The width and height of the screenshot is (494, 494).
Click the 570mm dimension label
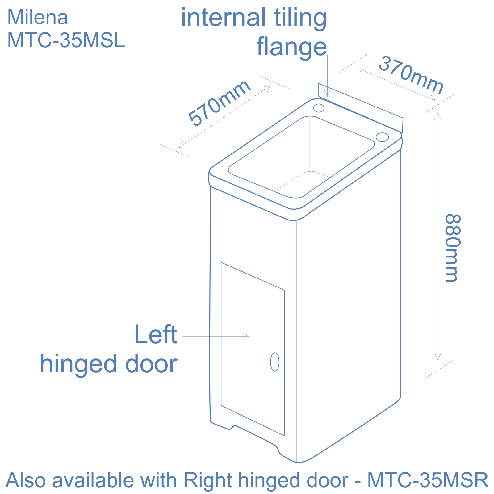pos(219,103)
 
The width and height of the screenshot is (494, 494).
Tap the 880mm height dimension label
pos(453,248)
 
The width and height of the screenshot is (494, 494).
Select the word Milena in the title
pos(37,18)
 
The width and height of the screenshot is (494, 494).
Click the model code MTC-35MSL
pos(66,40)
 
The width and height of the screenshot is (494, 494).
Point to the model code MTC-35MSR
pos(428,480)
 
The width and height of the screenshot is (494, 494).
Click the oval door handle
pos(274,362)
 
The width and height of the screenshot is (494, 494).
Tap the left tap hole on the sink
pos(319,108)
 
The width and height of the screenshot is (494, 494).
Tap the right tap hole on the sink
pos(382,137)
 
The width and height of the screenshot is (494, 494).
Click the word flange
pos(291,47)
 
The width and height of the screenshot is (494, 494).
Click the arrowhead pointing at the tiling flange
pos(328,94)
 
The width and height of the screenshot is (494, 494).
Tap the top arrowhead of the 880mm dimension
pos(437,115)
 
